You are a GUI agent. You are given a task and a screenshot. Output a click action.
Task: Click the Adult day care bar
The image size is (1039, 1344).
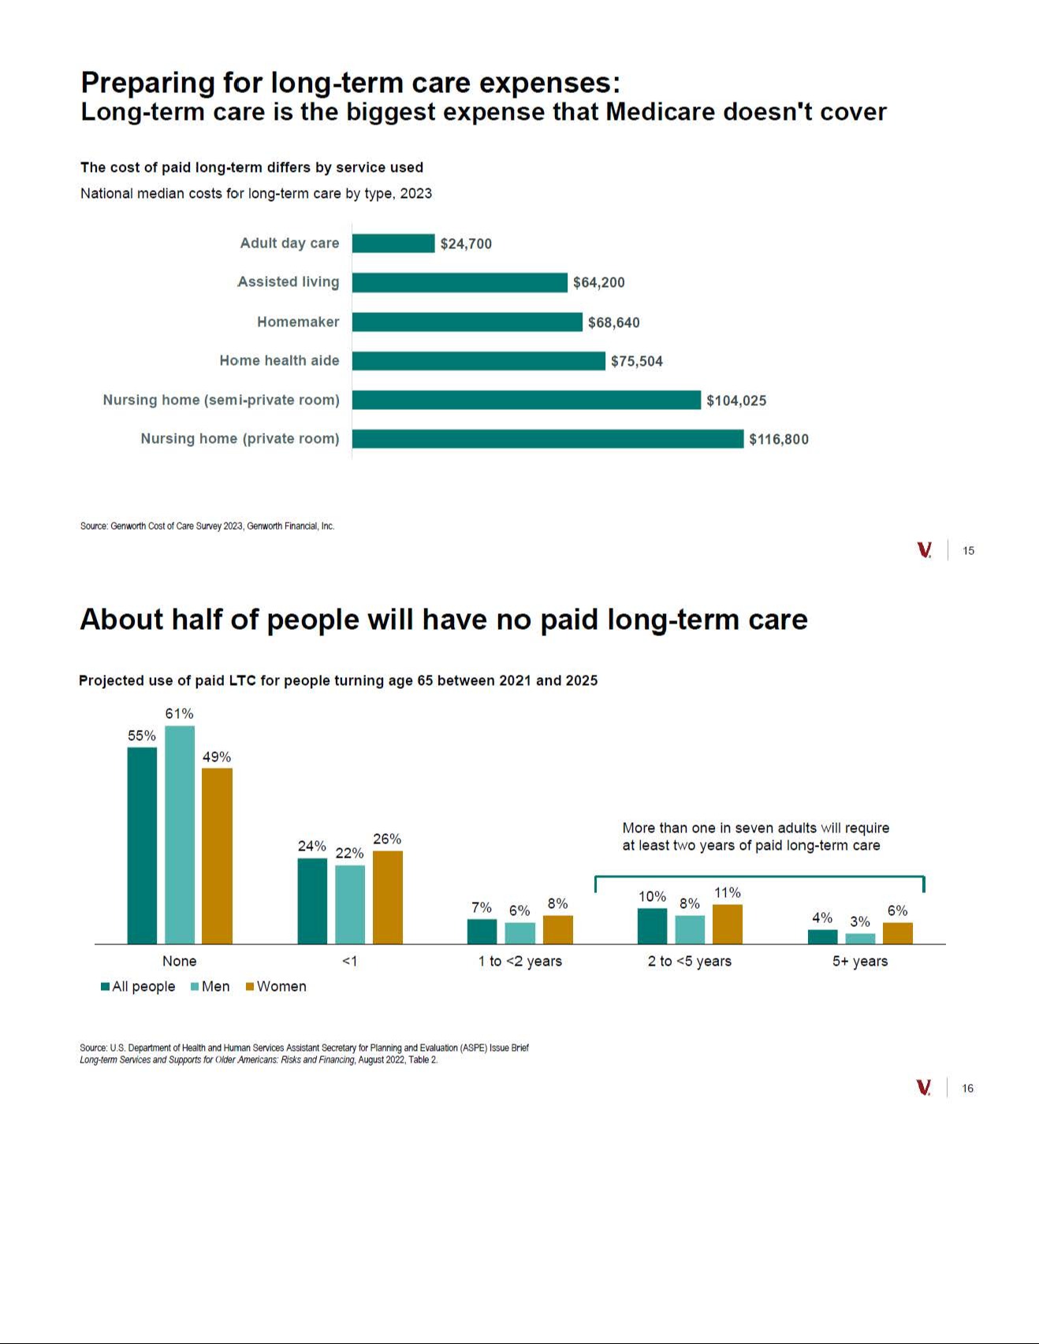(393, 244)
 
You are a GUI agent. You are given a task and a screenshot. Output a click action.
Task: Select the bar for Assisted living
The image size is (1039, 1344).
(460, 282)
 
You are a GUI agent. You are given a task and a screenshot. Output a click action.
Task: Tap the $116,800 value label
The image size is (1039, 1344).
(778, 440)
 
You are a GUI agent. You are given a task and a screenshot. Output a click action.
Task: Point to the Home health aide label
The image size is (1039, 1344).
(279, 361)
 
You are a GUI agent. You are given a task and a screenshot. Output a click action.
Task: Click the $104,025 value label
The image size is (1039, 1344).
(735, 400)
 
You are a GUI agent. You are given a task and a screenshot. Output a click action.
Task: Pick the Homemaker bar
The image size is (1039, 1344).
(467, 322)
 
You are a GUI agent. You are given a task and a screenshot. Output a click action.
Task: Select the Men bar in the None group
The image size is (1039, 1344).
(180, 835)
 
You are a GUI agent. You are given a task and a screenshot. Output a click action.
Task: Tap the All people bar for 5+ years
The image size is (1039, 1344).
(822, 936)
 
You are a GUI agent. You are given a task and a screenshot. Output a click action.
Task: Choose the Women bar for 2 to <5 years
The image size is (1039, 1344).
(727, 924)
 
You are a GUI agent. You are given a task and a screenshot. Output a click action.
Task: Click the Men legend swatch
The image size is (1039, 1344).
(196, 987)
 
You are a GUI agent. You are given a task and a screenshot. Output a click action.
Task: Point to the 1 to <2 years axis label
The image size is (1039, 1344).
(519, 961)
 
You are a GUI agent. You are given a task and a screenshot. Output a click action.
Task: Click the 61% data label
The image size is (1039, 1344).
(179, 713)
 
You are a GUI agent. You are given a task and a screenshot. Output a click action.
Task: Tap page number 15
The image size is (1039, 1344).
(968, 551)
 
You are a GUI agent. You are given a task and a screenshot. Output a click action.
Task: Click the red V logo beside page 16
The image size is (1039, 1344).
(924, 1088)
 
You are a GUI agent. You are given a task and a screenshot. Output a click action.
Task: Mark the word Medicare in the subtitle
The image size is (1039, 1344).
(660, 112)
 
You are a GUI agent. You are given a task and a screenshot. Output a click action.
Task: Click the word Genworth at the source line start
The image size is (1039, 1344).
(128, 527)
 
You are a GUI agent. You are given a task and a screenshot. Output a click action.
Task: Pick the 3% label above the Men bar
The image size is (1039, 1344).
(859, 921)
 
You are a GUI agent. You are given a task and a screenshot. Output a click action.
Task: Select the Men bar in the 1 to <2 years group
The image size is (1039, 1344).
(519, 933)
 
